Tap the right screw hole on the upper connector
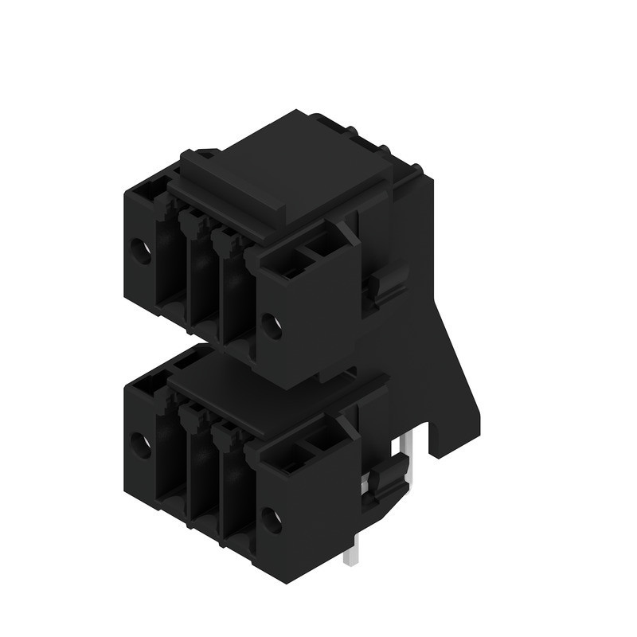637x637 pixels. click(x=271, y=325)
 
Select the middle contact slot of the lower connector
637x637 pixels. click(x=201, y=473)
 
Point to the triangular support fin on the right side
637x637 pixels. click(x=454, y=358)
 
